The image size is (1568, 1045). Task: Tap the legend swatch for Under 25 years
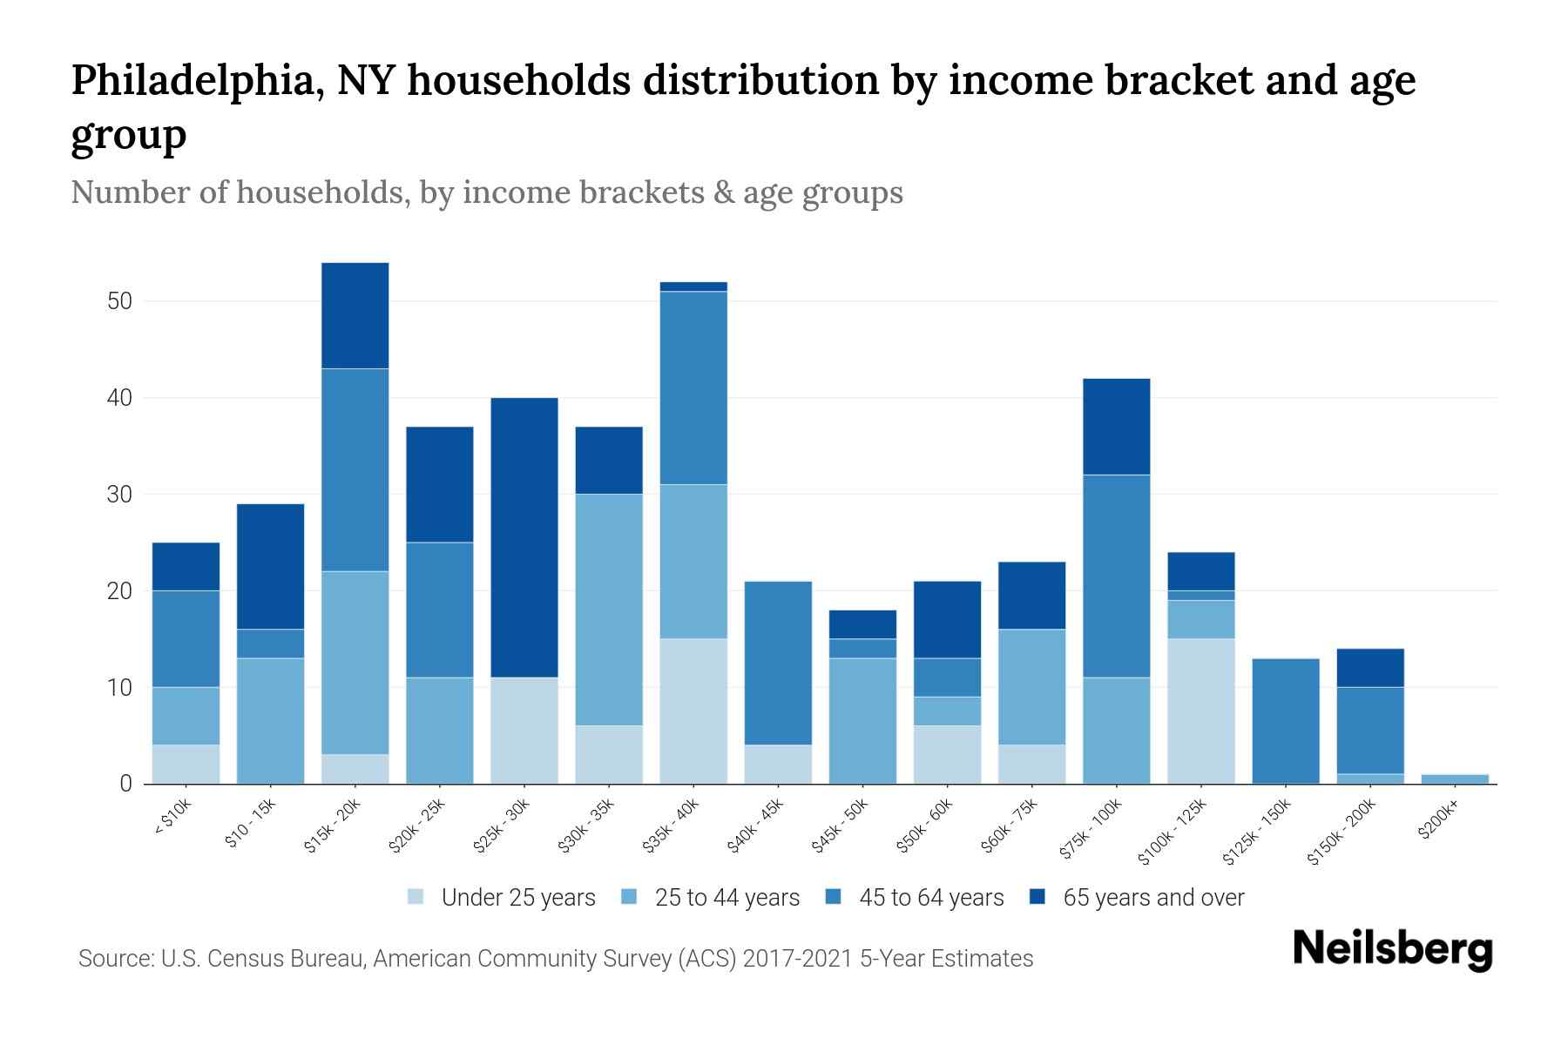point(416,897)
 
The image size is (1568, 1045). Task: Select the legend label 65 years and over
point(1153,897)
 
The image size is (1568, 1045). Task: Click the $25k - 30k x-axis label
point(502,827)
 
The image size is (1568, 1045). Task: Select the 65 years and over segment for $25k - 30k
point(524,537)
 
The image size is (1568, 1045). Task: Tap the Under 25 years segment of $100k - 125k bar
point(1201,711)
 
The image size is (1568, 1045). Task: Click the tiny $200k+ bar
point(1455,779)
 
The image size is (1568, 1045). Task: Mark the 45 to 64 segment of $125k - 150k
point(1286,721)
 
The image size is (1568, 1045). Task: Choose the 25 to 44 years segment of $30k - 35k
point(609,610)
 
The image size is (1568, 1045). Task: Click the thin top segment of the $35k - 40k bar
point(693,287)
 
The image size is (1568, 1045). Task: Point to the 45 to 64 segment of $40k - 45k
point(778,663)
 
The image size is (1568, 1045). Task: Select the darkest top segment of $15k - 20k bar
point(355,315)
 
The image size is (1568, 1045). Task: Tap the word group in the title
point(128,135)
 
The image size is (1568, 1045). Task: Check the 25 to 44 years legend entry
point(727,897)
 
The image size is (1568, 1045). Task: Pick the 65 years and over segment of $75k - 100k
point(1117,427)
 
